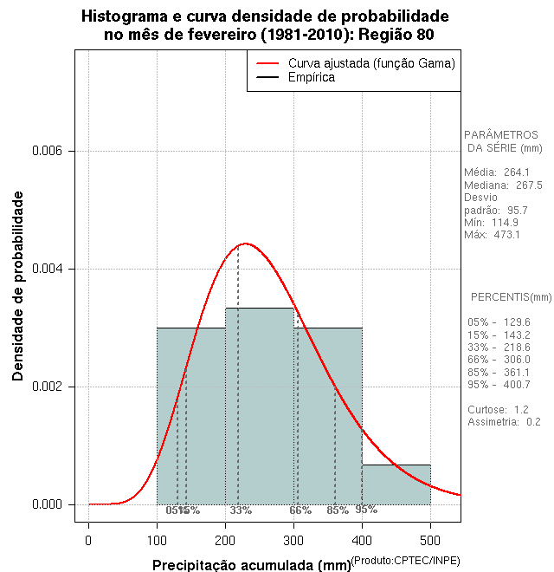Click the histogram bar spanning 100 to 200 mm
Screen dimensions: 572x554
pyautogui.click(x=191, y=416)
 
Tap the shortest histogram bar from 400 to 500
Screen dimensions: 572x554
pyautogui.click(x=396, y=484)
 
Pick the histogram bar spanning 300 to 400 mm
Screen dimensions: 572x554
pyautogui.click(x=328, y=416)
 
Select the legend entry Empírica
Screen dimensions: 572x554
pyautogui.click(x=312, y=77)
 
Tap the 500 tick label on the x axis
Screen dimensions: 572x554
pyautogui.click(x=431, y=541)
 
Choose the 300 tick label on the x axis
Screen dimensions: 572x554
pyautogui.click(x=294, y=541)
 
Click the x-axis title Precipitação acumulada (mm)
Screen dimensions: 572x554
pyautogui.click(x=252, y=565)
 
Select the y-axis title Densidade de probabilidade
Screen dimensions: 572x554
pyautogui.click(x=18, y=286)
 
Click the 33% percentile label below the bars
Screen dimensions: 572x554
pyautogui.click(x=241, y=510)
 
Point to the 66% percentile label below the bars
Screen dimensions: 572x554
pyautogui.click(x=300, y=510)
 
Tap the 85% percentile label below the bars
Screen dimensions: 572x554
pyautogui.click(x=338, y=510)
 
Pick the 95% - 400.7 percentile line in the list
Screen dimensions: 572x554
pyautogui.click(x=499, y=384)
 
